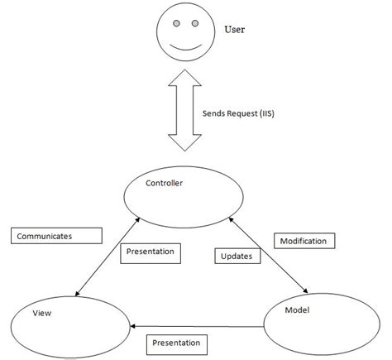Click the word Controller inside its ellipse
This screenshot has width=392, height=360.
tap(164, 182)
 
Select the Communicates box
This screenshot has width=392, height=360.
tap(56, 236)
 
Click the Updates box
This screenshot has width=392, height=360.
tap(237, 256)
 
